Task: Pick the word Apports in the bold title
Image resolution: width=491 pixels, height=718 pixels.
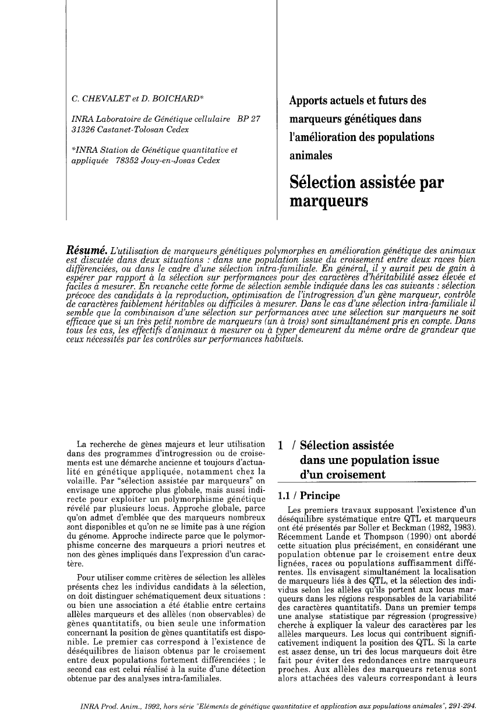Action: pos(310,100)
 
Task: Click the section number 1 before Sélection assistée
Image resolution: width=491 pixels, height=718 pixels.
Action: pos(281,446)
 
